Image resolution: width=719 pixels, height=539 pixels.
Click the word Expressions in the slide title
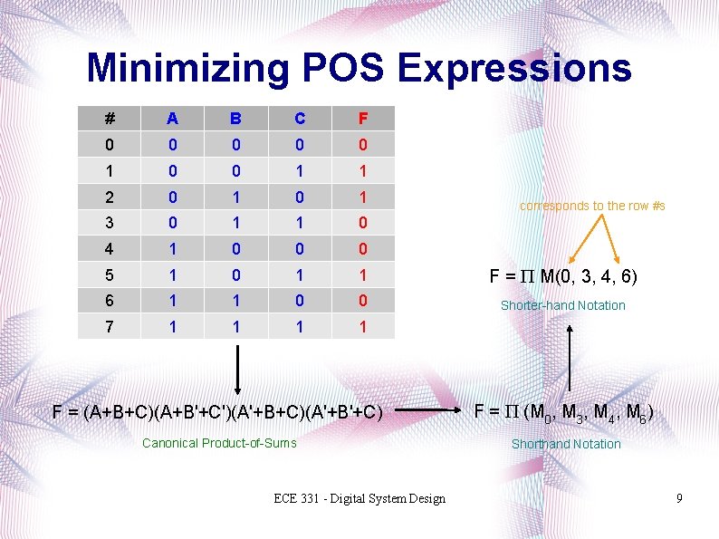point(513,68)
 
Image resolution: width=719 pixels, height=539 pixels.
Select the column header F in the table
point(362,118)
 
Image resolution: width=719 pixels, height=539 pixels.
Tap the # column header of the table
point(110,118)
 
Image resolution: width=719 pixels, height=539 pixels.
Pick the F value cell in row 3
point(362,221)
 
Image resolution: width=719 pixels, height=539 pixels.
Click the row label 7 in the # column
point(110,324)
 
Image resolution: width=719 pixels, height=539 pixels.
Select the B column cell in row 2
point(235,196)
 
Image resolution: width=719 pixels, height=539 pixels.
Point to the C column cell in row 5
point(300,273)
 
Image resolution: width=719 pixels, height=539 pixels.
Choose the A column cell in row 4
point(173,247)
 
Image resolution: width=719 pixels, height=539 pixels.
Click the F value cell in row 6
point(362,299)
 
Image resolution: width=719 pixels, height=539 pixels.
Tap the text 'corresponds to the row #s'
point(592,206)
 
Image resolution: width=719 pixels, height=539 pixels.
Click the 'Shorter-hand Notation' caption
point(563,305)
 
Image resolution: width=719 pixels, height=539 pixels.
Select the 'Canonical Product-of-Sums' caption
point(220,442)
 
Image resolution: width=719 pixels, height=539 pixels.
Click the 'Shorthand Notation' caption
point(566,444)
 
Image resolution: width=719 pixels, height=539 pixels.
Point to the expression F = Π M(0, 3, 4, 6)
point(563,275)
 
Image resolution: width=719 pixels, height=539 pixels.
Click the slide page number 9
point(679,499)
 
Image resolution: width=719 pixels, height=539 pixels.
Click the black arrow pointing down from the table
point(237,371)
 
